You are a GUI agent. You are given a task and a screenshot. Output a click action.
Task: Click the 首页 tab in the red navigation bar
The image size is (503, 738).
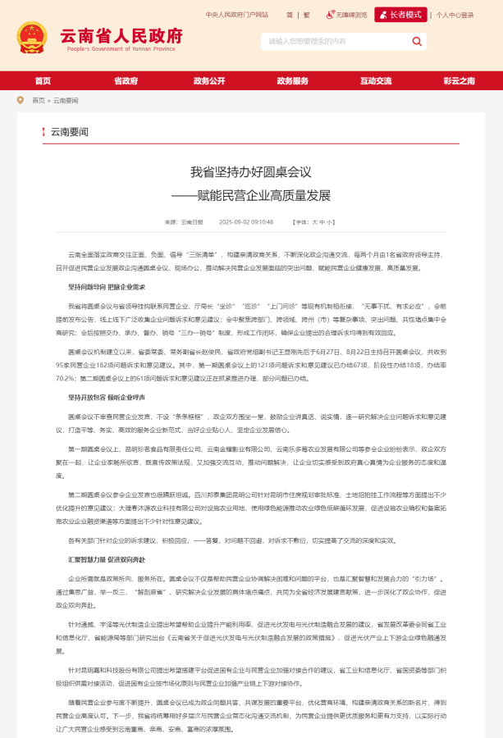coord(43,80)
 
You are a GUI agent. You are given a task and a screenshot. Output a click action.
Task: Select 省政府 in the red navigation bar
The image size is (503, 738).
coord(126,80)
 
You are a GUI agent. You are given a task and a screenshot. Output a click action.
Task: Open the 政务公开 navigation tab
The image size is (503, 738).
coord(209,80)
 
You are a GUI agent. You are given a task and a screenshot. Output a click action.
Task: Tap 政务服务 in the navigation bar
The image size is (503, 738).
coord(293,80)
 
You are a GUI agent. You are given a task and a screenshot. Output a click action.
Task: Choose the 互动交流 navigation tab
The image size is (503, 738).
coord(376,80)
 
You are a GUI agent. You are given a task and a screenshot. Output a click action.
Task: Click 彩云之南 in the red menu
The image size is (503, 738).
coord(459,80)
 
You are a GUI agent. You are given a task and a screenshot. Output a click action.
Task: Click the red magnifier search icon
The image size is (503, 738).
coord(418,41)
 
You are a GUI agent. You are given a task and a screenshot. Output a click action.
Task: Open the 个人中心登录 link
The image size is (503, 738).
coord(455,15)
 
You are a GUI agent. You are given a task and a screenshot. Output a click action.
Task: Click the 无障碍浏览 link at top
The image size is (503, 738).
coord(348,15)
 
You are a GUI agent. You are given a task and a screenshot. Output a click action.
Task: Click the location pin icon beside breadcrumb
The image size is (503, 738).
coord(21,100)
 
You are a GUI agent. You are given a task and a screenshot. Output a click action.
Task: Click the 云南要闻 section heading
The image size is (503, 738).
coord(70,132)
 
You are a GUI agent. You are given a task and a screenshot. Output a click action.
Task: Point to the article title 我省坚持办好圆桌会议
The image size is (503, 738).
coord(251,171)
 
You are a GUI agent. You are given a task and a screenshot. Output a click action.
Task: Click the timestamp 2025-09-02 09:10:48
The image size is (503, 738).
coord(246,221)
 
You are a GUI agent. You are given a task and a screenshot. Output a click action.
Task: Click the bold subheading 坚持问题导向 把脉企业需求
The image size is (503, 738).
coord(107,287)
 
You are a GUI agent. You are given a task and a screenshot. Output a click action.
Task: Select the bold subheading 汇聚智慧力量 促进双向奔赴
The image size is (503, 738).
coord(107,558)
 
